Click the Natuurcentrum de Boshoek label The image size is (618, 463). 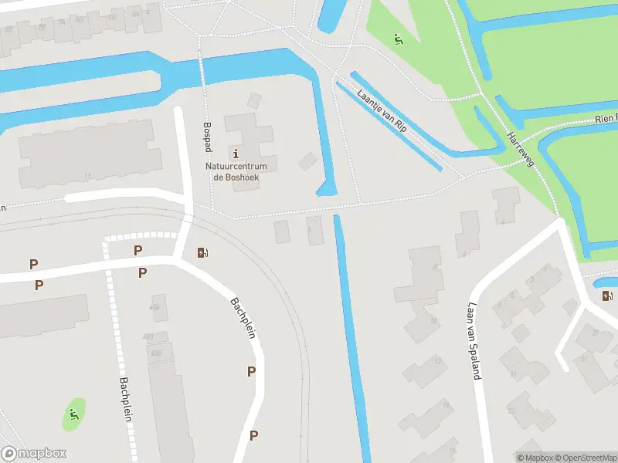[x=236, y=171]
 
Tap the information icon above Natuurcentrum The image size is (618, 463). [x=236, y=153]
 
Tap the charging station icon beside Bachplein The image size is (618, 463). [x=203, y=252]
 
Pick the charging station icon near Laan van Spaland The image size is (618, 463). [x=607, y=296]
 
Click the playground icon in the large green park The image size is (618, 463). [x=399, y=39]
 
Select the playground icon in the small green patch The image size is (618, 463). [x=74, y=414]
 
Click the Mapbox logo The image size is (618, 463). [x=34, y=454]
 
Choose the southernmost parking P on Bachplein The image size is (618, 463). [x=253, y=436]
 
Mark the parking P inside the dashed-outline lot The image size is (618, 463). [x=138, y=250]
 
